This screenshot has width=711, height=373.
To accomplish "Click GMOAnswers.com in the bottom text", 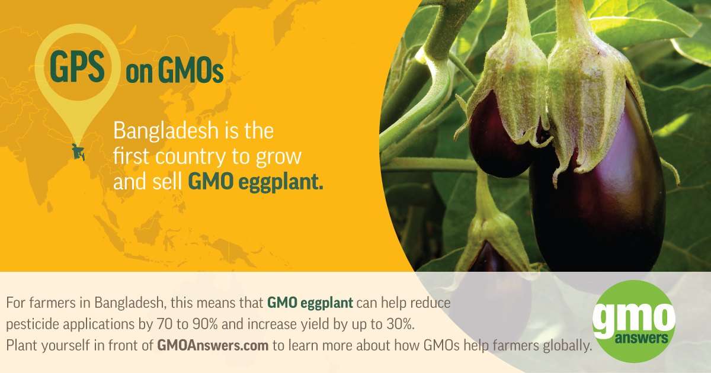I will coord(213,345).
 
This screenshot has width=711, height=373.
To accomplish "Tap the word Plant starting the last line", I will coord(21,345).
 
